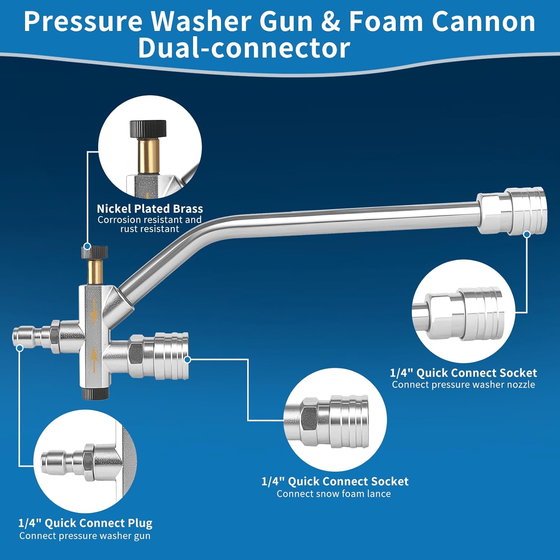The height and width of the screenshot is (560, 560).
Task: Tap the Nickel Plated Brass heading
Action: (150, 208)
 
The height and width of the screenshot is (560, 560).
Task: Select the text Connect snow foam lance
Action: (333, 494)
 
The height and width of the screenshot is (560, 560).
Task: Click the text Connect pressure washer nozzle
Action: (463, 385)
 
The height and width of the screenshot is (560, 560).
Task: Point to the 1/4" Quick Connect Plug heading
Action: (85, 523)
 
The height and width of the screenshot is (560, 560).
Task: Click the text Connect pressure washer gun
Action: (85, 536)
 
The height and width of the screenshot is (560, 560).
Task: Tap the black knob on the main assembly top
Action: (95, 252)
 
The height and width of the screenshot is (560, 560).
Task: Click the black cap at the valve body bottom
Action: (95, 393)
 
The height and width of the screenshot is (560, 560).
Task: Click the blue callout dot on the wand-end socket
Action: (527, 234)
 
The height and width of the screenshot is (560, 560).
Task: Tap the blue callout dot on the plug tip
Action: (20, 348)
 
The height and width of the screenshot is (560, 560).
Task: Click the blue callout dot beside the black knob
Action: (87, 246)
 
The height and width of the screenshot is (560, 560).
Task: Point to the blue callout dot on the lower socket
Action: (188, 360)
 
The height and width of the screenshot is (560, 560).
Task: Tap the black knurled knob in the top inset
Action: (148, 129)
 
